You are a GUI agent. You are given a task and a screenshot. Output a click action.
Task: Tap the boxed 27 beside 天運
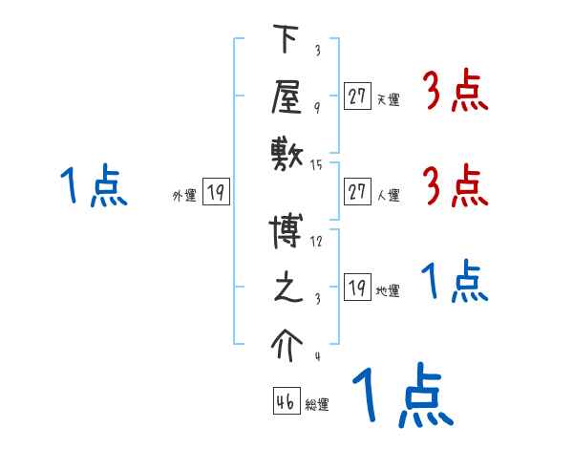[357, 96]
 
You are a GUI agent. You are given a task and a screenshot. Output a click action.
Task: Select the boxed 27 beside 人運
[357, 193]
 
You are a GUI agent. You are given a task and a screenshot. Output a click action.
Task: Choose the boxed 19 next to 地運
[357, 289]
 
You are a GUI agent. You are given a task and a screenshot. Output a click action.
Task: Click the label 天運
[388, 98]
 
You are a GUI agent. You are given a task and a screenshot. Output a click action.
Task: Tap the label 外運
[184, 195]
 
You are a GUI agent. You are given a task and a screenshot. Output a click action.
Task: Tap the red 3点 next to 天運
[456, 94]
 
